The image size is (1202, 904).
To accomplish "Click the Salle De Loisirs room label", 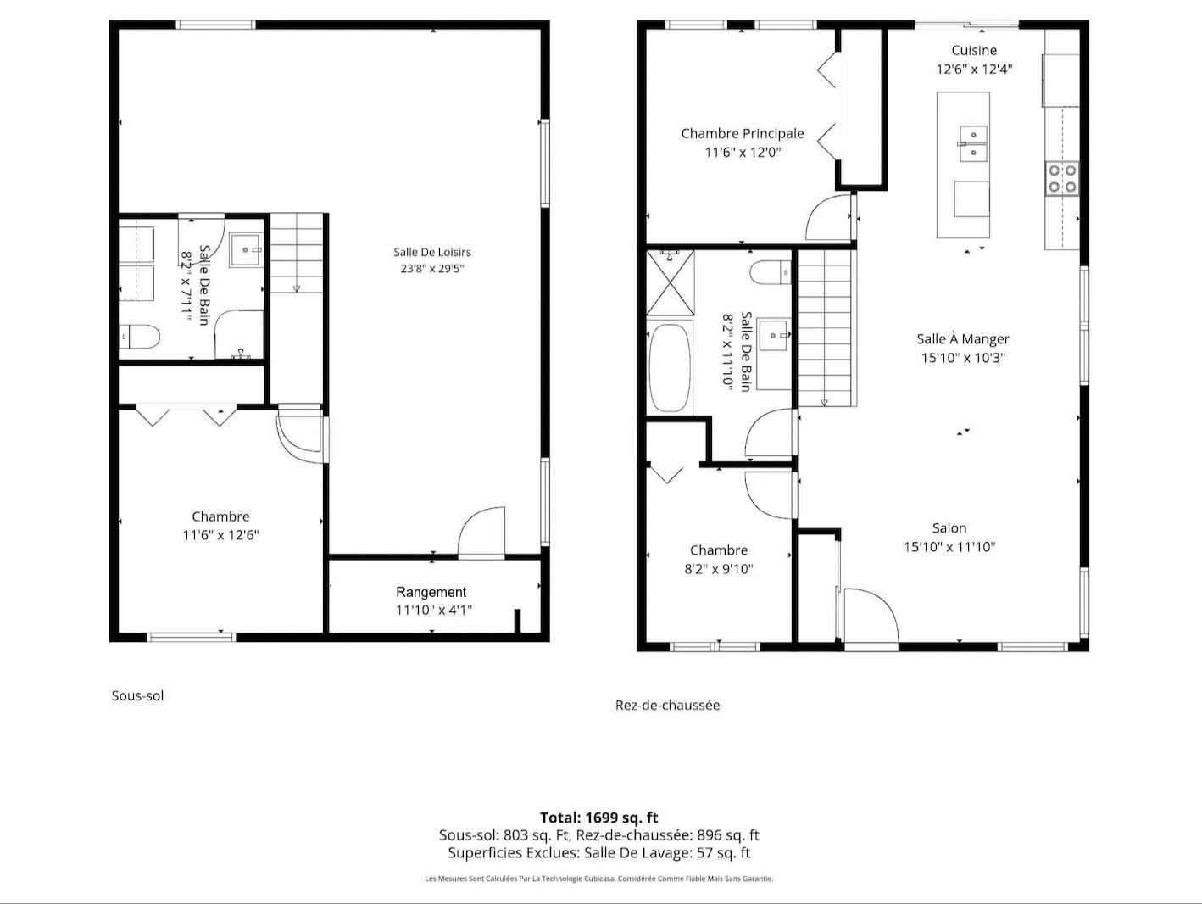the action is [432, 252].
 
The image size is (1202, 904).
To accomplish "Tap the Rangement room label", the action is [431, 592].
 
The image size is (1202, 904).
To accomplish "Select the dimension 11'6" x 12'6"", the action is [220, 535].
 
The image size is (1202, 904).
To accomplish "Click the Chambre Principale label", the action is [743, 133].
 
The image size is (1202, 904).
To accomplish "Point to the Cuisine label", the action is [974, 50].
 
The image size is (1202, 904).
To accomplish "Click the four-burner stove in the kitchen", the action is [1062, 179].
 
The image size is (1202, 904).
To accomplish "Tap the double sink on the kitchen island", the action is [973, 143].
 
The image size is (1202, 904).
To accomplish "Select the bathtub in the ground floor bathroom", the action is [669, 368].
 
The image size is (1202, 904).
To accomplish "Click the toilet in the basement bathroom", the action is [139, 337].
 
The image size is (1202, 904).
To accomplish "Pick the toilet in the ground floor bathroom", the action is [771, 273].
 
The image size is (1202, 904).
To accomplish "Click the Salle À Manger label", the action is [963, 338].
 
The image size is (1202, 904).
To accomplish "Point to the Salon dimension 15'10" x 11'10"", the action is [949, 547].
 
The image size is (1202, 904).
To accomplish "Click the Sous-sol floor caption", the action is [137, 695].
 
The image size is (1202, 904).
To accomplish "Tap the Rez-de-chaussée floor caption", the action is [667, 705].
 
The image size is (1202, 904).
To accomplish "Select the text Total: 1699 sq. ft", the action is [599, 818].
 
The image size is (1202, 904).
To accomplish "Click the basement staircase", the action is [296, 253].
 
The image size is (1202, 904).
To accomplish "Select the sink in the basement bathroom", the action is [246, 250].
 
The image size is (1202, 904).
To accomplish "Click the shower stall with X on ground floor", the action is [671, 282].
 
